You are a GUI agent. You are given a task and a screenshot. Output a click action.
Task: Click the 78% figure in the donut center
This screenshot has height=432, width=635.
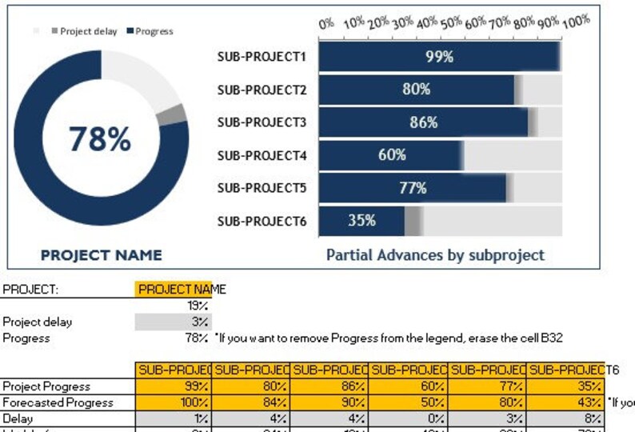pos(99,139)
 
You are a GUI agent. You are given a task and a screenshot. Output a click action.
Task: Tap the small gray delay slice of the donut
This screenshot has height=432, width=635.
pos(171,114)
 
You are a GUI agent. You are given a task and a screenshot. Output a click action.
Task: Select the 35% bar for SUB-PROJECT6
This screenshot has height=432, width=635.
pos(361,221)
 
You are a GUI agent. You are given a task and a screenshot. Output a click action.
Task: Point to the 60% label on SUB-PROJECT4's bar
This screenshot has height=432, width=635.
pos(392,155)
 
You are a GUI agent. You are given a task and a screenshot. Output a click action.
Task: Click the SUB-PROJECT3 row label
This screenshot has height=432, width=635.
pos(262,122)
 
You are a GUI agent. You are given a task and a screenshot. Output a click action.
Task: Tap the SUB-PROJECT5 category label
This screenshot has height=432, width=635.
pos(262,188)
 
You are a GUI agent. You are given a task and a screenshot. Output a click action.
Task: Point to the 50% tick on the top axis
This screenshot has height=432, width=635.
pos(449,23)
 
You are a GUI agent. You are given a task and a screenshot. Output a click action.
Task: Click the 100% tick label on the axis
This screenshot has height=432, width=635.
pos(575,22)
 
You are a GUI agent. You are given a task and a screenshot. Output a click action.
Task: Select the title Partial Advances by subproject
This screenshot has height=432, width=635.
pos(435,255)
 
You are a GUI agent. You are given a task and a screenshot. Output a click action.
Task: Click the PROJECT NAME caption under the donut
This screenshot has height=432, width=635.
pos(101,255)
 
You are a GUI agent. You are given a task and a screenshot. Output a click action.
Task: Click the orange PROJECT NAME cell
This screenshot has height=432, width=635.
pos(173,290)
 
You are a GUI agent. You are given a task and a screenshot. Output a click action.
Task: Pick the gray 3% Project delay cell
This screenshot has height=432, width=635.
pos(173,322)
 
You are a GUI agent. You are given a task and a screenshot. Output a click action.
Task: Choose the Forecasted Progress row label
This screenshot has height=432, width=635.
pos(58,402)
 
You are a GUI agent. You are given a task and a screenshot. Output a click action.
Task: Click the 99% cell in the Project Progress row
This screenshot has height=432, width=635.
pos(173,386)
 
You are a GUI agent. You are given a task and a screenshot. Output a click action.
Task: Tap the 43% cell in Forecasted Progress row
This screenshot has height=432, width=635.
pos(566,402)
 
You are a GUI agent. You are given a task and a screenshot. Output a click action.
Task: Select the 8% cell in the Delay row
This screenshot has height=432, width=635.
pos(566,418)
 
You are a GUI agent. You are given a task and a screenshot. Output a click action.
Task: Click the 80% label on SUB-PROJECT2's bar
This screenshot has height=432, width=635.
pos(416,90)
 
